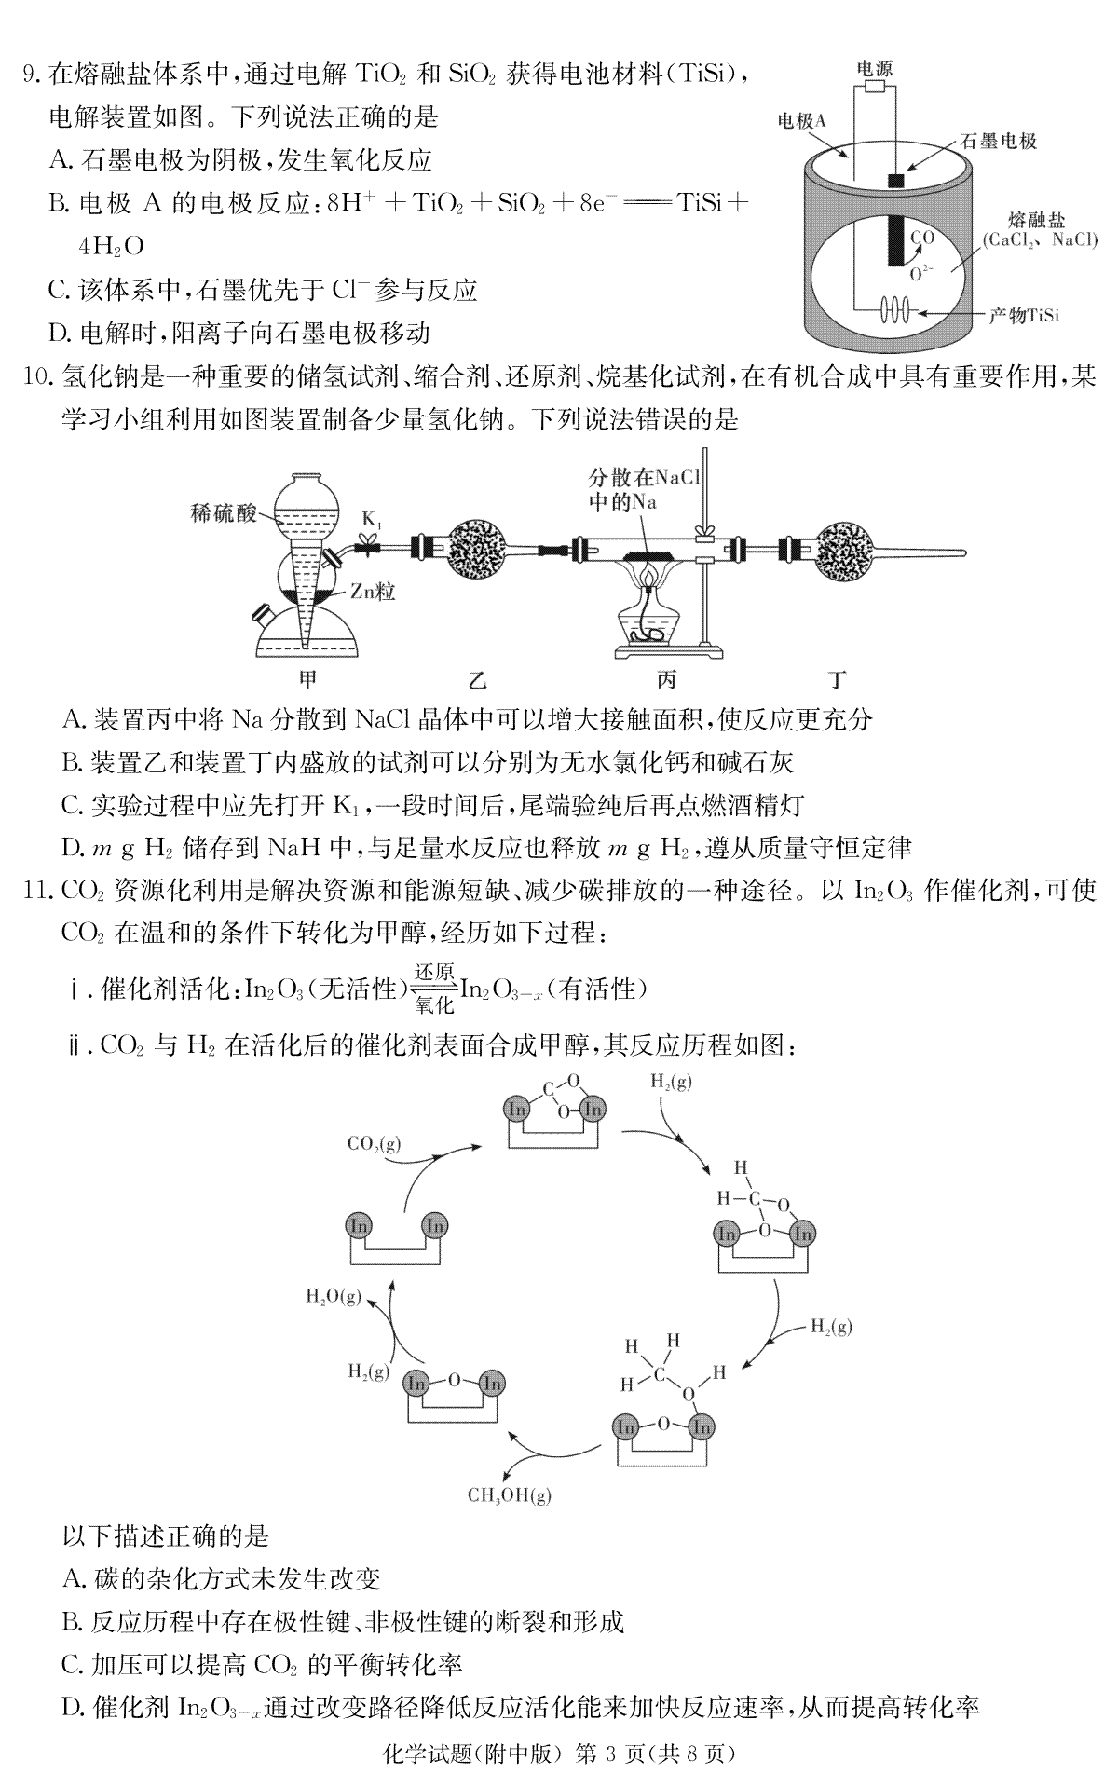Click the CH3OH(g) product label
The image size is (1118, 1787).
[x=510, y=1495]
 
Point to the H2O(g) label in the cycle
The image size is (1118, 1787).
[x=334, y=1296]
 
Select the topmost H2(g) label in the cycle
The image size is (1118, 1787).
[x=671, y=1082]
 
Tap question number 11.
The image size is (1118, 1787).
[x=35, y=891]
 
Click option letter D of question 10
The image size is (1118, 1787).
[x=74, y=847]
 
